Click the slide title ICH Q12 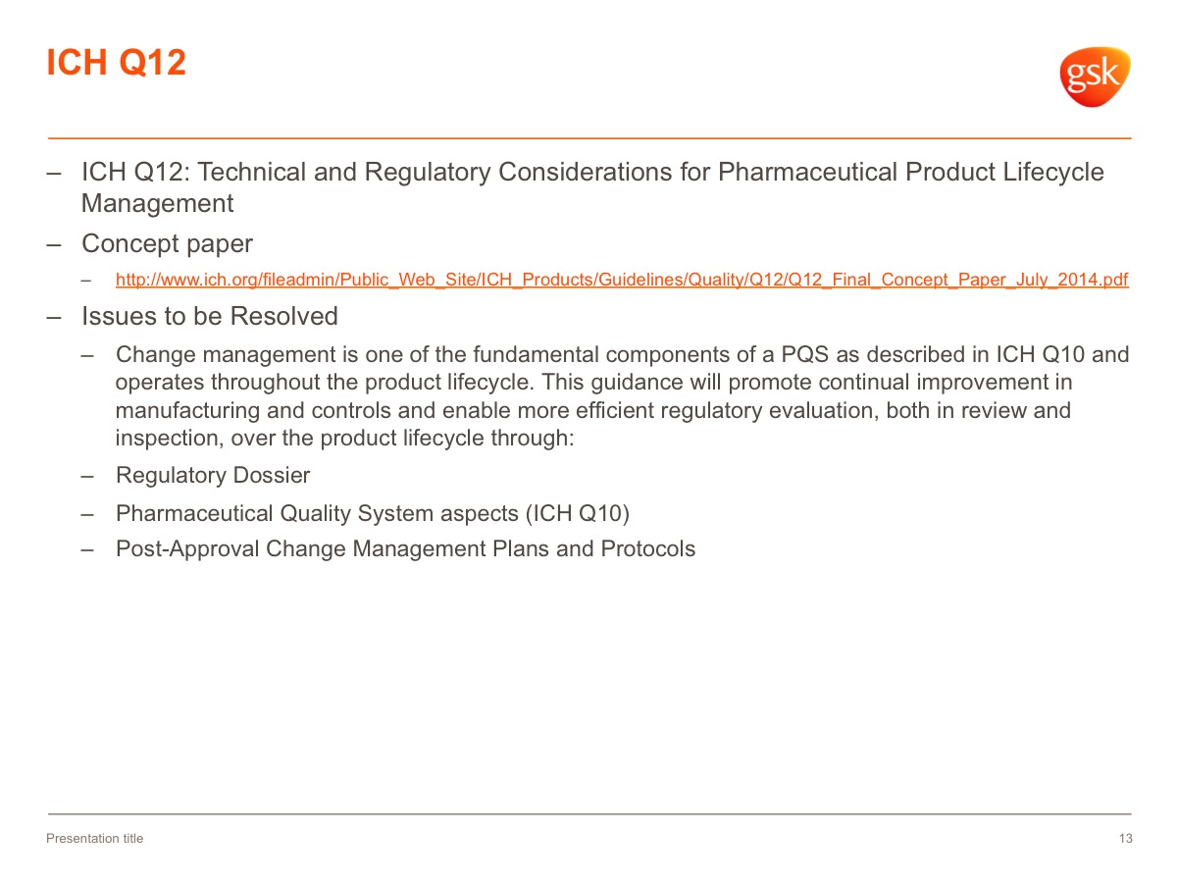(x=116, y=62)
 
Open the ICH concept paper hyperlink (x=622, y=280)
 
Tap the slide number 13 (x=1126, y=838)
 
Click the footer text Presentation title (x=94, y=838)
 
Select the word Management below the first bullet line (x=157, y=203)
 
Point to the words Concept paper (x=167, y=244)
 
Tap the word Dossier (x=272, y=475)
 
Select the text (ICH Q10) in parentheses (x=577, y=513)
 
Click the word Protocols (x=647, y=548)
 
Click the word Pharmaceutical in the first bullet (x=807, y=172)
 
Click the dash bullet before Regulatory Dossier (x=87, y=476)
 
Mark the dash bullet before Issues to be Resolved (x=54, y=317)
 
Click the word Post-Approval (x=187, y=549)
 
